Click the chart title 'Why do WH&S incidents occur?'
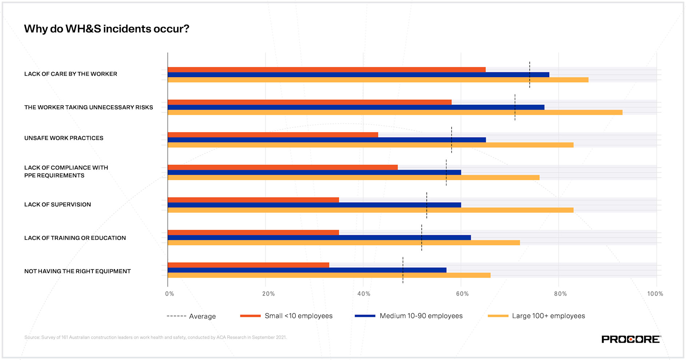tap(107, 29)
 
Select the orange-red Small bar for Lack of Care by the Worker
tap(326, 69)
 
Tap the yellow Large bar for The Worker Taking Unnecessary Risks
tap(395, 112)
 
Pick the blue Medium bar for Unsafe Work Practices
tap(326, 140)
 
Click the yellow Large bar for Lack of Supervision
tap(370, 210)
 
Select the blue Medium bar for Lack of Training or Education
tap(319, 237)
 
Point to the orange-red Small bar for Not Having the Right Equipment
tap(248, 265)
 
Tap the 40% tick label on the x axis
tap(364, 294)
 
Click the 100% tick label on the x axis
tap(655, 294)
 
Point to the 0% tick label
tap(169, 294)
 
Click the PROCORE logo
tap(631, 339)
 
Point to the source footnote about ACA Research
tap(155, 337)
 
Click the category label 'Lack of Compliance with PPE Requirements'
tap(66, 172)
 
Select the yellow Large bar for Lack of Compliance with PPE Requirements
tap(353, 177)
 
